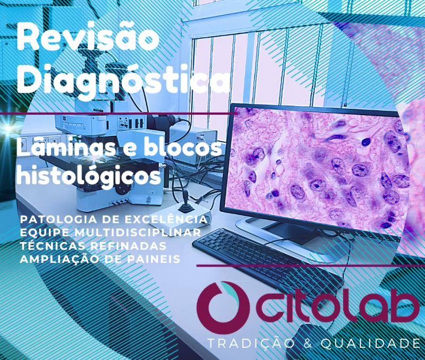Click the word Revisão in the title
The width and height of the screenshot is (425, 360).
coord(88,37)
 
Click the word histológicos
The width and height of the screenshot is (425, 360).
coord(89,176)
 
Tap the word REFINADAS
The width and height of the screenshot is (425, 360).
coord(127,246)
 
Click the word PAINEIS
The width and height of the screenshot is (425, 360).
coord(154,259)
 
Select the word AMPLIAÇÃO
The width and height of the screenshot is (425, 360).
coord(59,259)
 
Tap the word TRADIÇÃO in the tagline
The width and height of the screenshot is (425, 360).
coord(251,344)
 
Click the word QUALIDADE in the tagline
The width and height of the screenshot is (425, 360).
coord(370,344)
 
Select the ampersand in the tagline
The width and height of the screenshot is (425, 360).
coord(308,344)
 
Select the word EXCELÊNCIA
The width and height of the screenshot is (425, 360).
coord(166,219)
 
